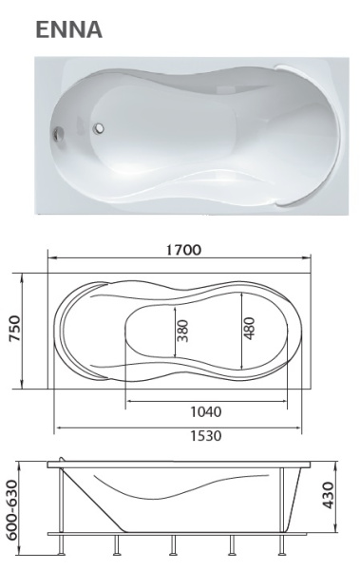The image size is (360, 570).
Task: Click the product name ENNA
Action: coord(68,28)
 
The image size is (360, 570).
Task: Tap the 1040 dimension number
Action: coord(204,412)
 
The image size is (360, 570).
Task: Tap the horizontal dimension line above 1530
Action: coord(178,425)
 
